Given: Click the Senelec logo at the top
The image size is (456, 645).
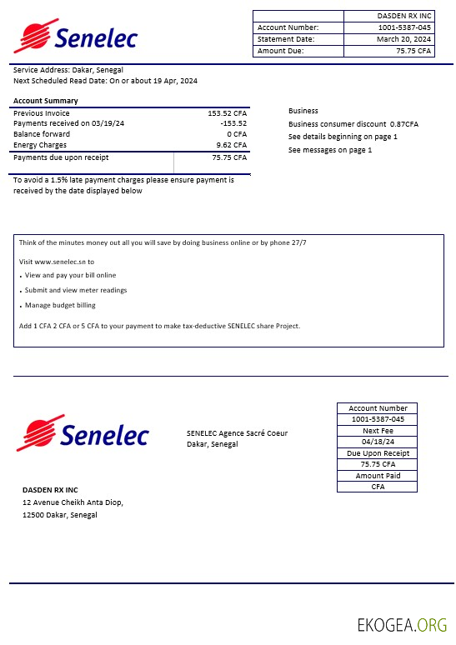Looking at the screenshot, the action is pyautogui.click(x=75, y=37).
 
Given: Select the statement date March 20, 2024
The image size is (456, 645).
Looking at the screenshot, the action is pyautogui.click(x=403, y=39).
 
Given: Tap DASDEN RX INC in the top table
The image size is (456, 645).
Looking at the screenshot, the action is pyautogui.click(x=404, y=16).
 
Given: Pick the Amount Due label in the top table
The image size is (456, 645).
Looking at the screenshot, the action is pyautogui.click(x=281, y=51).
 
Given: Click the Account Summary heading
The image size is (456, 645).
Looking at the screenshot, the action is pyautogui.click(x=45, y=101).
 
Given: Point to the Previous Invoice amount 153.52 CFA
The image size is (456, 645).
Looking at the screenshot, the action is pyautogui.click(x=227, y=112).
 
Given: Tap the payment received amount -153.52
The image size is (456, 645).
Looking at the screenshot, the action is pyautogui.click(x=233, y=123).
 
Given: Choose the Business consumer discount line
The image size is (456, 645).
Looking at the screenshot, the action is pyautogui.click(x=353, y=124).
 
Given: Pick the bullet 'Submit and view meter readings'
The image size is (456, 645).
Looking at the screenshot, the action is pyautogui.click(x=76, y=290).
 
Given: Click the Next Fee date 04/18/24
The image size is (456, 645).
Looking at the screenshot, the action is pyautogui.click(x=378, y=442).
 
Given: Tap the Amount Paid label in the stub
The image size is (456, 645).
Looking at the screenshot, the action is pyautogui.click(x=378, y=476).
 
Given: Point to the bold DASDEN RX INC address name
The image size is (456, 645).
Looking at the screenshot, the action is pyautogui.click(x=50, y=489).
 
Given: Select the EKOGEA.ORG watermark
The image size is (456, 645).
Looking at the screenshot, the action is pyautogui.click(x=402, y=625).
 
